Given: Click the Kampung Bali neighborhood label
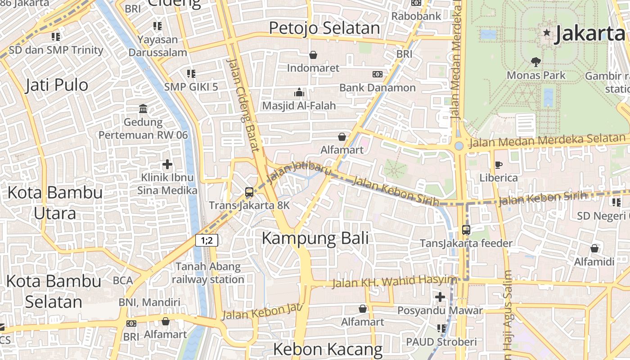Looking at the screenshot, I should pyautogui.click(x=315, y=238).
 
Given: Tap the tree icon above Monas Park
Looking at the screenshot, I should pyautogui.click(x=535, y=62).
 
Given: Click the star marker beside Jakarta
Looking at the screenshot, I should pyautogui.click(x=547, y=32).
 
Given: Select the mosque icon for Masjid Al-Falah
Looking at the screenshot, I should pyautogui.click(x=299, y=93).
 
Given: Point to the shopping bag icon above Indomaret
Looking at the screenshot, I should pyautogui.click(x=313, y=55).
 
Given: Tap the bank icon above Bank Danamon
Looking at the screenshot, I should pyautogui.click(x=377, y=74).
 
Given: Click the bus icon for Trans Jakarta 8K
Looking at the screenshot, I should pyautogui.click(x=249, y=192).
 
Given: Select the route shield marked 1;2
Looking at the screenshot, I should pyautogui.click(x=207, y=240).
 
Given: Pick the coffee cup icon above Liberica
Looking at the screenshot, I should pyautogui.click(x=498, y=165).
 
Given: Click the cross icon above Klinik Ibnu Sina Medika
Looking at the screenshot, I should pyautogui.click(x=167, y=164).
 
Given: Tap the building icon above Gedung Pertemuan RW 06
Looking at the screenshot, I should pyautogui.click(x=143, y=108).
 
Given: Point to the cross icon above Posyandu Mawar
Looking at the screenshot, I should pyautogui.click(x=440, y=297).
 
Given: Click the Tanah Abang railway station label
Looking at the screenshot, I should pyautogui.click(x=208, y=273).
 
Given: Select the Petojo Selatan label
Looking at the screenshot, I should pyautogui.click(x=324, y=28).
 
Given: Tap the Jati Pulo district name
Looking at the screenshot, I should pyautogui.click(x=57, y=85).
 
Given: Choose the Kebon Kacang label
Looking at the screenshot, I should pyautogui.click(x=328, y=349).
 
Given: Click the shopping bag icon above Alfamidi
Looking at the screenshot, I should pyautogui.click(x=594, y=248).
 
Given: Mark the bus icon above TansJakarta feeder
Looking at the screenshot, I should pyautogui.click(x=466, y=230).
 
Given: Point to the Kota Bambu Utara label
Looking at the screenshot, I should pyautogui.click(x=55, y=202).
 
